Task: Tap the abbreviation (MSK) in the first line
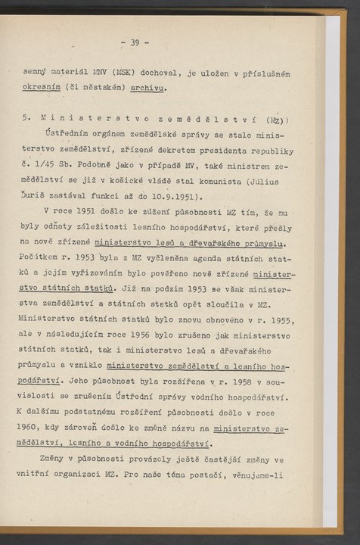coord(123,73)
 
